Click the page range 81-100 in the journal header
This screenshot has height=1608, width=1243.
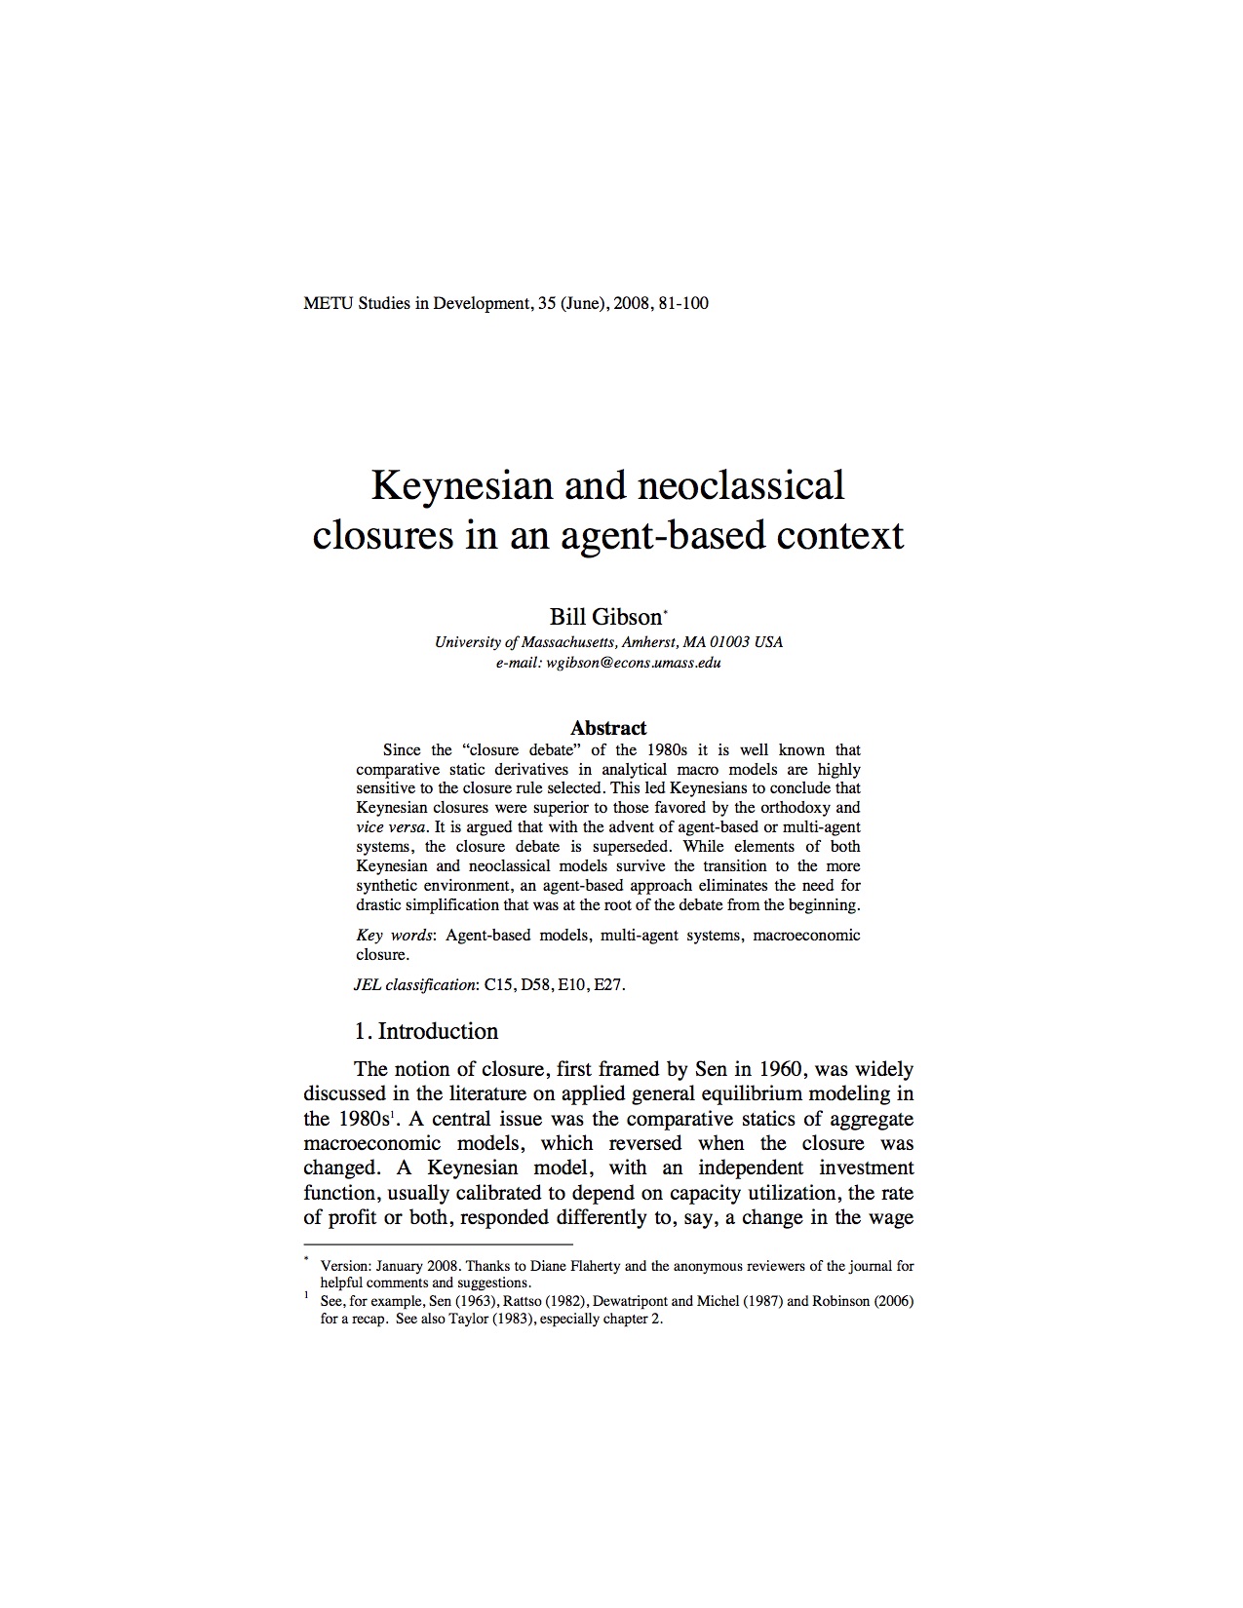click(x=683, y=303)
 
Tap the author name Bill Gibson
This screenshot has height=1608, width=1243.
click(x=604, y=617)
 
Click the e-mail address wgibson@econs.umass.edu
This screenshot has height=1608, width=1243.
click(x=634, y=663)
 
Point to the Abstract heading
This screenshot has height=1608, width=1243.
click(x=608, y=728)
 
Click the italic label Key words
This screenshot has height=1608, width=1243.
click(x=395, y=935)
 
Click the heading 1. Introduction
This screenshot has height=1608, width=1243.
click(x=426, y=1031)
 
